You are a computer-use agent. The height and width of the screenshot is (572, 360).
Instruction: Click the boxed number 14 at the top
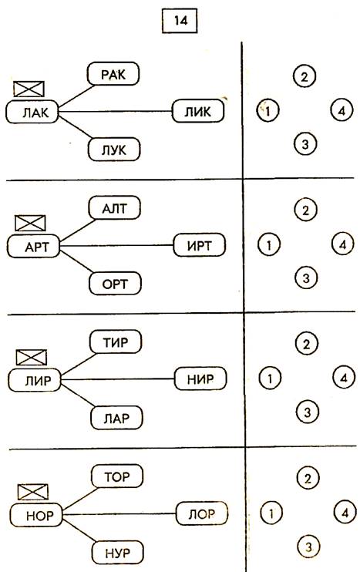(180, 20)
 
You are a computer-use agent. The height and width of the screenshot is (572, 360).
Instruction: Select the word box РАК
(113, 74)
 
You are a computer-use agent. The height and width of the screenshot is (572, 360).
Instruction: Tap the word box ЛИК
(197, 111)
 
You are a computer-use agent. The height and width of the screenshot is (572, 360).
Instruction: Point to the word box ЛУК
(114, 150)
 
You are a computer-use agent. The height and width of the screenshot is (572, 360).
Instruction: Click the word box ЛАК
(32, 112)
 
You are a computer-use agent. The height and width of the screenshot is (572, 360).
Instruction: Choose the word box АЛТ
(115, 208)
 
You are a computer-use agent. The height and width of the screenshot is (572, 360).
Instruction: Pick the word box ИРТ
(199, 245)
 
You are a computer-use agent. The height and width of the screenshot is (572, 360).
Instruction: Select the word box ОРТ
(115, 283)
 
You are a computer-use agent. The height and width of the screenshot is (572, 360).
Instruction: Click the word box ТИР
(116, 342)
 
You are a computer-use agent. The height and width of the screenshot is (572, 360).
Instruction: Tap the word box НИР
(200, 379)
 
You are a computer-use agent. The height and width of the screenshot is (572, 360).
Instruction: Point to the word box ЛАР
(116, 417)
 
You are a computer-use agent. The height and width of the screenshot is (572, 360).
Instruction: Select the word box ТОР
(116, 476)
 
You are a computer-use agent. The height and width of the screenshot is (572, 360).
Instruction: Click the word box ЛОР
(202, 513)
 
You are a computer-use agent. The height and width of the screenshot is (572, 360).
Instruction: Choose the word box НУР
(117, 552)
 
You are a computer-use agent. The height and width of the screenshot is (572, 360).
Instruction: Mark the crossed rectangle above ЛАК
(29, 89)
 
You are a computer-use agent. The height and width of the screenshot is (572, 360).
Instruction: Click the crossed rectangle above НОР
(33, 492)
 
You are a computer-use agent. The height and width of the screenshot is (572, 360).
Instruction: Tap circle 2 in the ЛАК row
(304, 76)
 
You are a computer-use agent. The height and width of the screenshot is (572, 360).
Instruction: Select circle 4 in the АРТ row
(343, 244)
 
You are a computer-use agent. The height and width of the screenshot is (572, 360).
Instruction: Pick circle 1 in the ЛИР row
(270, 379)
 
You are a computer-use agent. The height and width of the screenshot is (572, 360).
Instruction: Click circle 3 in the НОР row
(308, 547)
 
